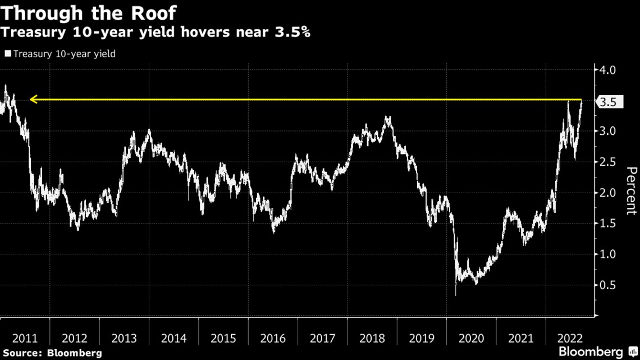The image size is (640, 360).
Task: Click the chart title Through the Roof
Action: [x=89, y=12]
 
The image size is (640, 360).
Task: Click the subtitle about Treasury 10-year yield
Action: [x=156, y=33]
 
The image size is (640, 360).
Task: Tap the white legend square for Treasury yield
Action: [x=7, y=54]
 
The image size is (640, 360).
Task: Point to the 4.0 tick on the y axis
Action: [x=608, y=70]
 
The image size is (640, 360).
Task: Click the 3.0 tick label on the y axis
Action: [x=608, y=131]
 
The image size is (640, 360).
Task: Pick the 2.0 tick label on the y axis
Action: [x=608, y=193]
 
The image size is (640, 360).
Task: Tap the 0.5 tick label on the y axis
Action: [x=608, y=285]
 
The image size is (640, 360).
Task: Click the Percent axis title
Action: [x=630, y=191]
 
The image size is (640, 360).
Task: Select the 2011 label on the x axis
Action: [x=25, y=339]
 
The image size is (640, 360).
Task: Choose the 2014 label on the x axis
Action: [x=173, y=339]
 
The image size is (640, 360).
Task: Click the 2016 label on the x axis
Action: [x=273, y=339]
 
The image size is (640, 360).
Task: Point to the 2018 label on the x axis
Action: [x=372, y=339]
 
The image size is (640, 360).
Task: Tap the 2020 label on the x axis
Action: [x=471, y=339]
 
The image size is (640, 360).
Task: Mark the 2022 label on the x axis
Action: [x=570, y=339]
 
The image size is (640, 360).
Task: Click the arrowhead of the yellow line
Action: [x=33, y=100]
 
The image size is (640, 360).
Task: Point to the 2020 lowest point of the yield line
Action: [x=455, y=294]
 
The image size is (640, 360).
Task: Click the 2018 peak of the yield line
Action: [x=387, y=117]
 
